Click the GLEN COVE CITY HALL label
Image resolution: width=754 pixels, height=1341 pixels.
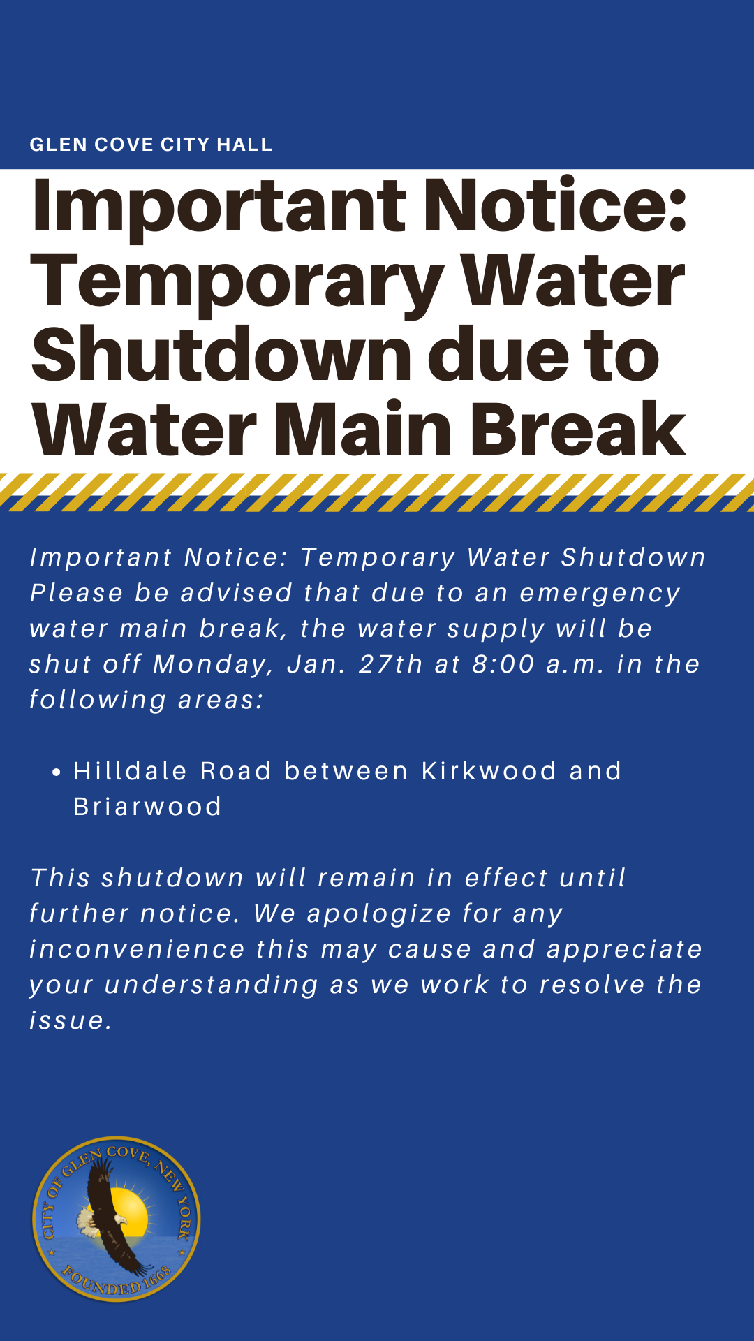pos(151,145)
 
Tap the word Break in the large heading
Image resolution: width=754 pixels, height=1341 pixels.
pos(578,428)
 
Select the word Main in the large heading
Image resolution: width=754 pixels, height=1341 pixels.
pos(362,428)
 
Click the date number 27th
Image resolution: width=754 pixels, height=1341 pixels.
pos(390,664)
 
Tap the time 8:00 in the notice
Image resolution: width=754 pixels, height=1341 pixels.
pos(503,664)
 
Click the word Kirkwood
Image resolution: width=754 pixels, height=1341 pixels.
pos(489,770)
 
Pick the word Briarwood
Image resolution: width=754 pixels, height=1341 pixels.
pos(147,806)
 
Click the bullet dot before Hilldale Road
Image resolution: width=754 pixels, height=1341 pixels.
pos(57,772)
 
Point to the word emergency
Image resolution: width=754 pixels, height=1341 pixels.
pos(600,594)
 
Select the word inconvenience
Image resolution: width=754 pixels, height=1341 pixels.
pos(138,948)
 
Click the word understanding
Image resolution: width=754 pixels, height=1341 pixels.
pos(212,985)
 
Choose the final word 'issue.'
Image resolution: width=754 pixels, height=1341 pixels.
pos(71,1020)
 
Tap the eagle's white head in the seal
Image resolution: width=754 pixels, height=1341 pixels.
pos(87,1219)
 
